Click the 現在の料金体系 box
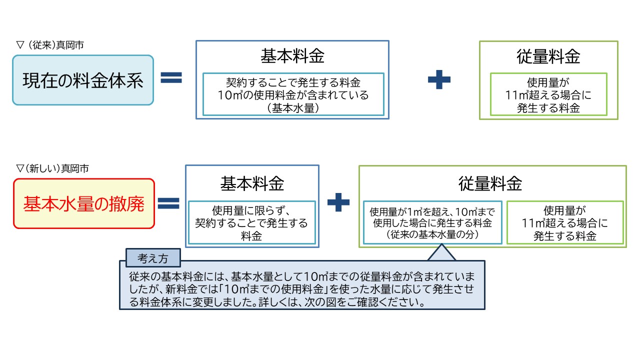(83, 80)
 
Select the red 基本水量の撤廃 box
(83, 204)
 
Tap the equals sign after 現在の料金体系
(171, 77)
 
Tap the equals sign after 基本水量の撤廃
(169, 202)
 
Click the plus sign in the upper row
(439, 79)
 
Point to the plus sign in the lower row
(338, 202)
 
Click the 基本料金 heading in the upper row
(292, 56)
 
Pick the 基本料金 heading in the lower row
(252, 183)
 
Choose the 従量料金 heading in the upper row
(548, 56)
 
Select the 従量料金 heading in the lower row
(490, 183)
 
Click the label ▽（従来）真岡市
(50, 45)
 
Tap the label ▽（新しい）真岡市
(52, 169)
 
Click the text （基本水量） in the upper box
(293, 108)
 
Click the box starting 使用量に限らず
(251, 223)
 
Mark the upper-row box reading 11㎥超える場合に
(548, 94)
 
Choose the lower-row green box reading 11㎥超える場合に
(565, 223)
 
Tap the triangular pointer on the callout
(442, 253)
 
